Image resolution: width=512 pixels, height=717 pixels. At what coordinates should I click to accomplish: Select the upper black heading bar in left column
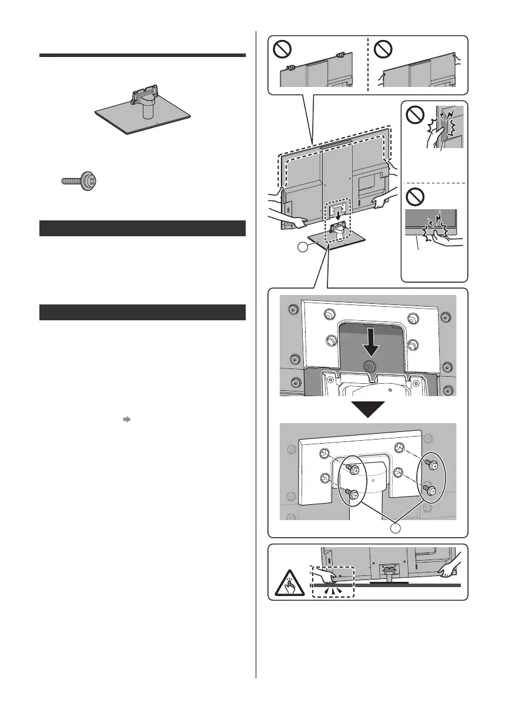(142, 228)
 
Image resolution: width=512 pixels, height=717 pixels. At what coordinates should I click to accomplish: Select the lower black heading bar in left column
(142, 312)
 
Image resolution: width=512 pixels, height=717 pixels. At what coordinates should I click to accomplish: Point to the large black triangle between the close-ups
(367, 409)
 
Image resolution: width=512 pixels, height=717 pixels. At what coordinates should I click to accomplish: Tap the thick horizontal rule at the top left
(142, 56)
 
